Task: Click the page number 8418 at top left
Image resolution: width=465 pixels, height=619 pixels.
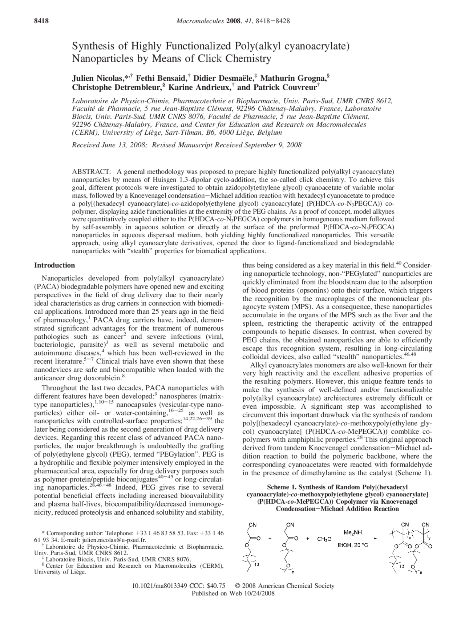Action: pyautogui.click(x=41, y=21)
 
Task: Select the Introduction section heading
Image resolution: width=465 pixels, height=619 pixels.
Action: pyautogui.click(x=54, y=265)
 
